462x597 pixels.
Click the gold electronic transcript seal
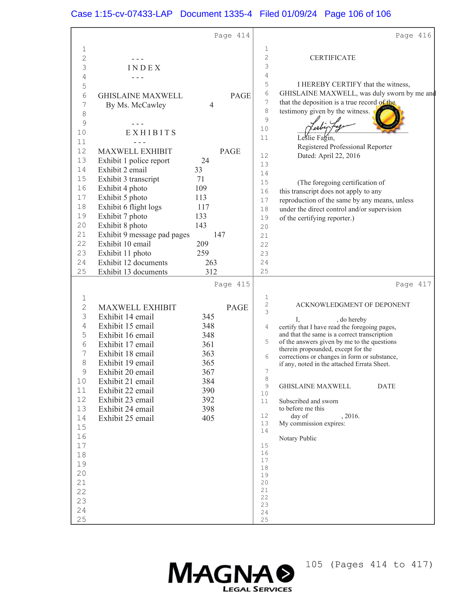click(x=388, y=118)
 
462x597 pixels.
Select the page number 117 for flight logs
click(x=203, y=207)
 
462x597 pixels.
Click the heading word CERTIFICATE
click(x=332, y=58)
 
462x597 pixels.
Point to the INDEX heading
click(x=144, y=68)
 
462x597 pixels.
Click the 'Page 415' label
click(x=232, y=284)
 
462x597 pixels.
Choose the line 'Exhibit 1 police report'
click(x=133, y=161)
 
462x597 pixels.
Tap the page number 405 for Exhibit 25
click(x=208, y=418)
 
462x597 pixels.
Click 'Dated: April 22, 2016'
click(x=329, y=156)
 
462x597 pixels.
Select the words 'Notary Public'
click(x=298, y=439)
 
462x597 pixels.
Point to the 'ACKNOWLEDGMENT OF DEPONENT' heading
click(x=352, y=305)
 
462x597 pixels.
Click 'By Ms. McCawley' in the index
click(x=136, y=105)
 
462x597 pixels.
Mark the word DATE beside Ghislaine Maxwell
click(x=386, y=386)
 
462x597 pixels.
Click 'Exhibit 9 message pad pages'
click(x=144, y=235)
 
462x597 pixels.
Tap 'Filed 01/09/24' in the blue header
click(x=288, y=14)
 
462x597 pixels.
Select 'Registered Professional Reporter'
click(x=345, y=147)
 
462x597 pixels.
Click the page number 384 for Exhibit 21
click(x=208, y=381)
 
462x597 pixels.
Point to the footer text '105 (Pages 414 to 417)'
click(x=369, y=564)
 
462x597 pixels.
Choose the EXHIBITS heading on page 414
click(x=151, y=133)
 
